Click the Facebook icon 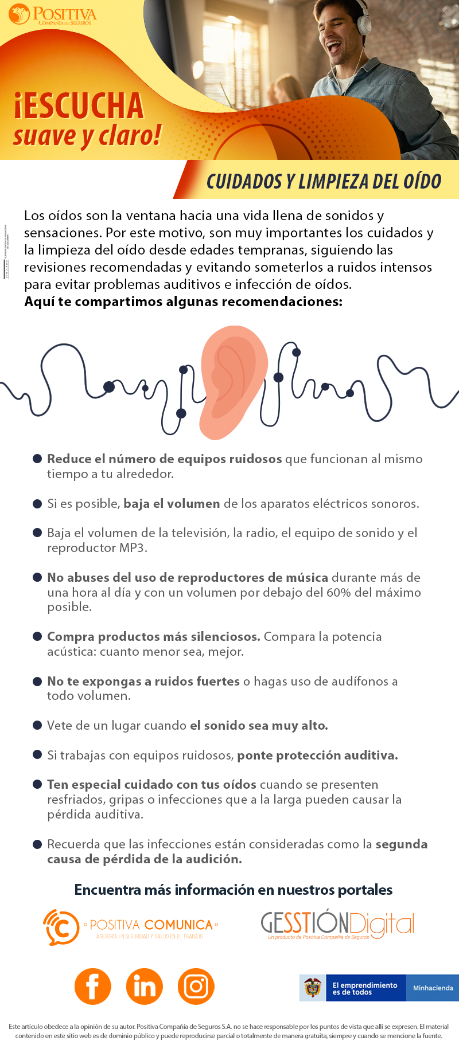point(92,986)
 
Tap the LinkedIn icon point(144,986)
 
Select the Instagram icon point(196,986)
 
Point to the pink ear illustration point(232,381)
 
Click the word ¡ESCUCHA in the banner point(79,106)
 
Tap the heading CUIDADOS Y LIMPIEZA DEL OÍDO point(324,181)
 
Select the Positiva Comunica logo point(131,927)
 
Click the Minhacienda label point(433,988)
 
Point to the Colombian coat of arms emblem point(313,988)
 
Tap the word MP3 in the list point(133,547)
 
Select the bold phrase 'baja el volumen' point(172,503)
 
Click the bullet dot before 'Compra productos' point(37,636)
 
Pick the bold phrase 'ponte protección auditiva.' point(317,755)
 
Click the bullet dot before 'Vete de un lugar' point(37,725)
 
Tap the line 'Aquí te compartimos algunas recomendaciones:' point(183,302)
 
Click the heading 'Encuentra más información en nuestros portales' point(234,890)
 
